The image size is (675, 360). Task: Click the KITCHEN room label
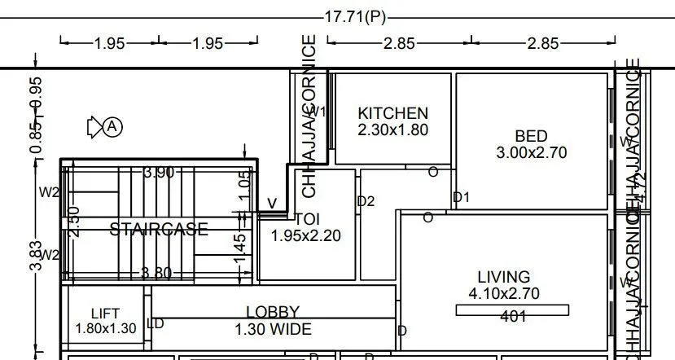pyautogui.click(x=392, y=113)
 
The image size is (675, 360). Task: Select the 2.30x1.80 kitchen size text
pyautogui.click(x=392, y=130)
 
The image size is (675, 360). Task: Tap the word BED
pyautogui.click(x=531, y=136)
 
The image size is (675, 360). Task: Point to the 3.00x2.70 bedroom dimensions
pyautogui.click(x=531, y=152)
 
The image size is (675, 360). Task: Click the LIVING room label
pyautogui.click(x=504, y=277)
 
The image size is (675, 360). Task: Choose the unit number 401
pyautogui.click(x=513, y=317)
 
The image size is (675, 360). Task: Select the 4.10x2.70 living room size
pyautogui.click(x=504, y=293)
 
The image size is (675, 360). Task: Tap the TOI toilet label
pyautogui.click(x=306, y=219)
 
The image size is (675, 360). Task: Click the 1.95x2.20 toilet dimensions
pyautogui.click(x=306, y=236)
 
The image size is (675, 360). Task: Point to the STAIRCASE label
pyautogui.click(x=159, y=230)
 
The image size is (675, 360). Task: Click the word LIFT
pyautogui.click(x=105, y=313)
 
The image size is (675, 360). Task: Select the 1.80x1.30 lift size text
pyautogui.click(x=105, y=328)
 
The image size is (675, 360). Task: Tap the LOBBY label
pyautogui.click(x=273, y=312)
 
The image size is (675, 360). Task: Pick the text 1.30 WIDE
pyautogui.click(x=273, y=330)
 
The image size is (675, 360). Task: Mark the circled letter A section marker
pyautogui.click(x=113, y=127)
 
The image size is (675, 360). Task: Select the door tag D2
pyautogui.click(x=366, y=201)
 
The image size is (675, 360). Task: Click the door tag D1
pyautogui.click(x=462, y=197)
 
